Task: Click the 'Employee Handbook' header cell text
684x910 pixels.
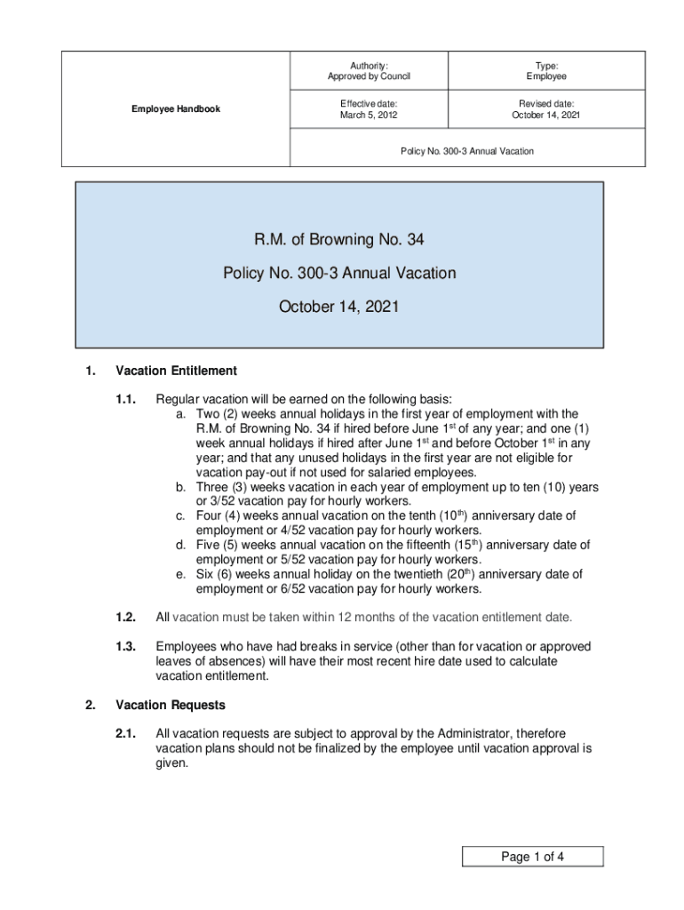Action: coord(176,109)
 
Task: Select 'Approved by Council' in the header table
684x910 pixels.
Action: coord(369,76)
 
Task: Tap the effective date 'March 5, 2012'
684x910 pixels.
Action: coord(369,116)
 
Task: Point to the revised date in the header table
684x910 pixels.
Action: coord(545,116)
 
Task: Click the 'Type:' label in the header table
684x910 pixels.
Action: coord(545,64)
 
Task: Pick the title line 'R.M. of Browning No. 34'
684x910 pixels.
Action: coord(338,240)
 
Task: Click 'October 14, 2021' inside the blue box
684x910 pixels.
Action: coord(338,307)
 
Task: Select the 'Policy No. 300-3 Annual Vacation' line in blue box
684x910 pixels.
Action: coord(338,274)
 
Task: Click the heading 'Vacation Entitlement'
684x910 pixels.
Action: coord(176,371)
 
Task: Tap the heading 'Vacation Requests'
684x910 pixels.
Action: coord(171,706)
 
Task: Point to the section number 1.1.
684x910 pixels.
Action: coord(125,399)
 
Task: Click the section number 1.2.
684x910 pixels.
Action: coord(125,618)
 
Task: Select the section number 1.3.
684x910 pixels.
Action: coord(125,647)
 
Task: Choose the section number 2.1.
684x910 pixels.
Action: coord(125,734)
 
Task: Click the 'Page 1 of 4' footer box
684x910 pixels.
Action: coord(532,857)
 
